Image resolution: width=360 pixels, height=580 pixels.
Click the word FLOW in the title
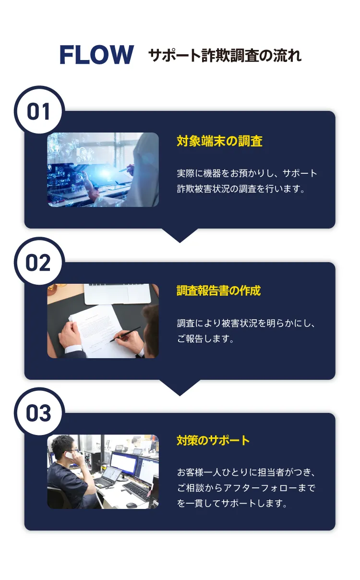96,55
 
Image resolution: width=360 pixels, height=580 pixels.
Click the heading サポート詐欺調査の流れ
225,56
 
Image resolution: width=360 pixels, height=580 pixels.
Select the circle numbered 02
38,263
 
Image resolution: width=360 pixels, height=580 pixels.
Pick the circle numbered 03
38,413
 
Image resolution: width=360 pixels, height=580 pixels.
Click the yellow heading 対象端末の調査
219,141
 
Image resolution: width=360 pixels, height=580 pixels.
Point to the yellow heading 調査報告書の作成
218,290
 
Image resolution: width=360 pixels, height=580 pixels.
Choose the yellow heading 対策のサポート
213,440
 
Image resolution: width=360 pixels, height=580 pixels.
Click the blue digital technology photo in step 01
103,169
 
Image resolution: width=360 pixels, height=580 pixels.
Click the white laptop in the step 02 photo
118,293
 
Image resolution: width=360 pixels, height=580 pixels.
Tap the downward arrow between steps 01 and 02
180,235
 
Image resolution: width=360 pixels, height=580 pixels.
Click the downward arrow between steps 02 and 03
180,387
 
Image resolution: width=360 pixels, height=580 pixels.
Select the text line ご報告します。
205,339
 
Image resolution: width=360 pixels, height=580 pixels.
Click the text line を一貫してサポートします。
232,504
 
